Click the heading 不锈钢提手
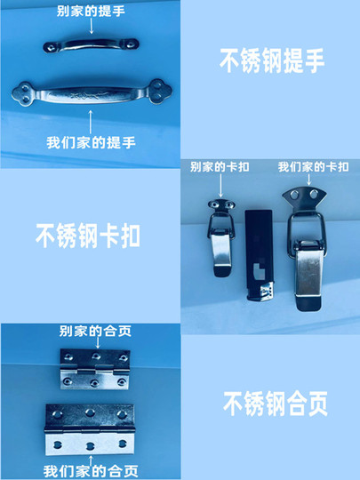click(272, 60)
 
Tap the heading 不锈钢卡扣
click(88, 235)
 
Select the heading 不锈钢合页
click(276, 404)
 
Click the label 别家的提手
click(91, 12)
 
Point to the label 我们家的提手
click(91, 142)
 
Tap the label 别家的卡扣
click(220, 167)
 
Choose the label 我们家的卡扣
click(313, 167)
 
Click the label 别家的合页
click(95, 331)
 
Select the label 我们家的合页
click(91, 471)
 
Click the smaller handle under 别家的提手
click(91, 45)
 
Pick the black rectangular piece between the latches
click(259, 255)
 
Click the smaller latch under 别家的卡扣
click(221, 237)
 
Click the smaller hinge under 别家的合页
click(95, 369)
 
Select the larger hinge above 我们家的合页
click(90, 429)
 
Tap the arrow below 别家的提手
click(92, 26)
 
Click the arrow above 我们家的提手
click(91, 122)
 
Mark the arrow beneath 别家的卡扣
click(220, 186)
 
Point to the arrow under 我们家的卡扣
click(308, 180)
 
